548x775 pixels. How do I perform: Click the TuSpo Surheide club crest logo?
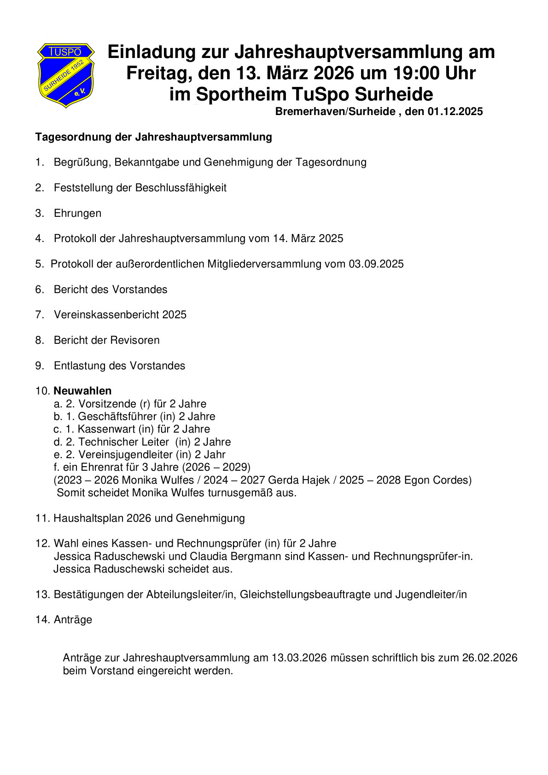[66, 75]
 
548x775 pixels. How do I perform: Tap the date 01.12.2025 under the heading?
[455, 111]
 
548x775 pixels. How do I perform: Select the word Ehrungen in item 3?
[77, 213]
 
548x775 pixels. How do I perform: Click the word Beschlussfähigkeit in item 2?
[181, 188]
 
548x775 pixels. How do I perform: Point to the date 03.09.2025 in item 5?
[376, 264]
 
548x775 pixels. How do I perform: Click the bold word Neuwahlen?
[82, 391]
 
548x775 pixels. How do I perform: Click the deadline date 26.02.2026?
[490, 658]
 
